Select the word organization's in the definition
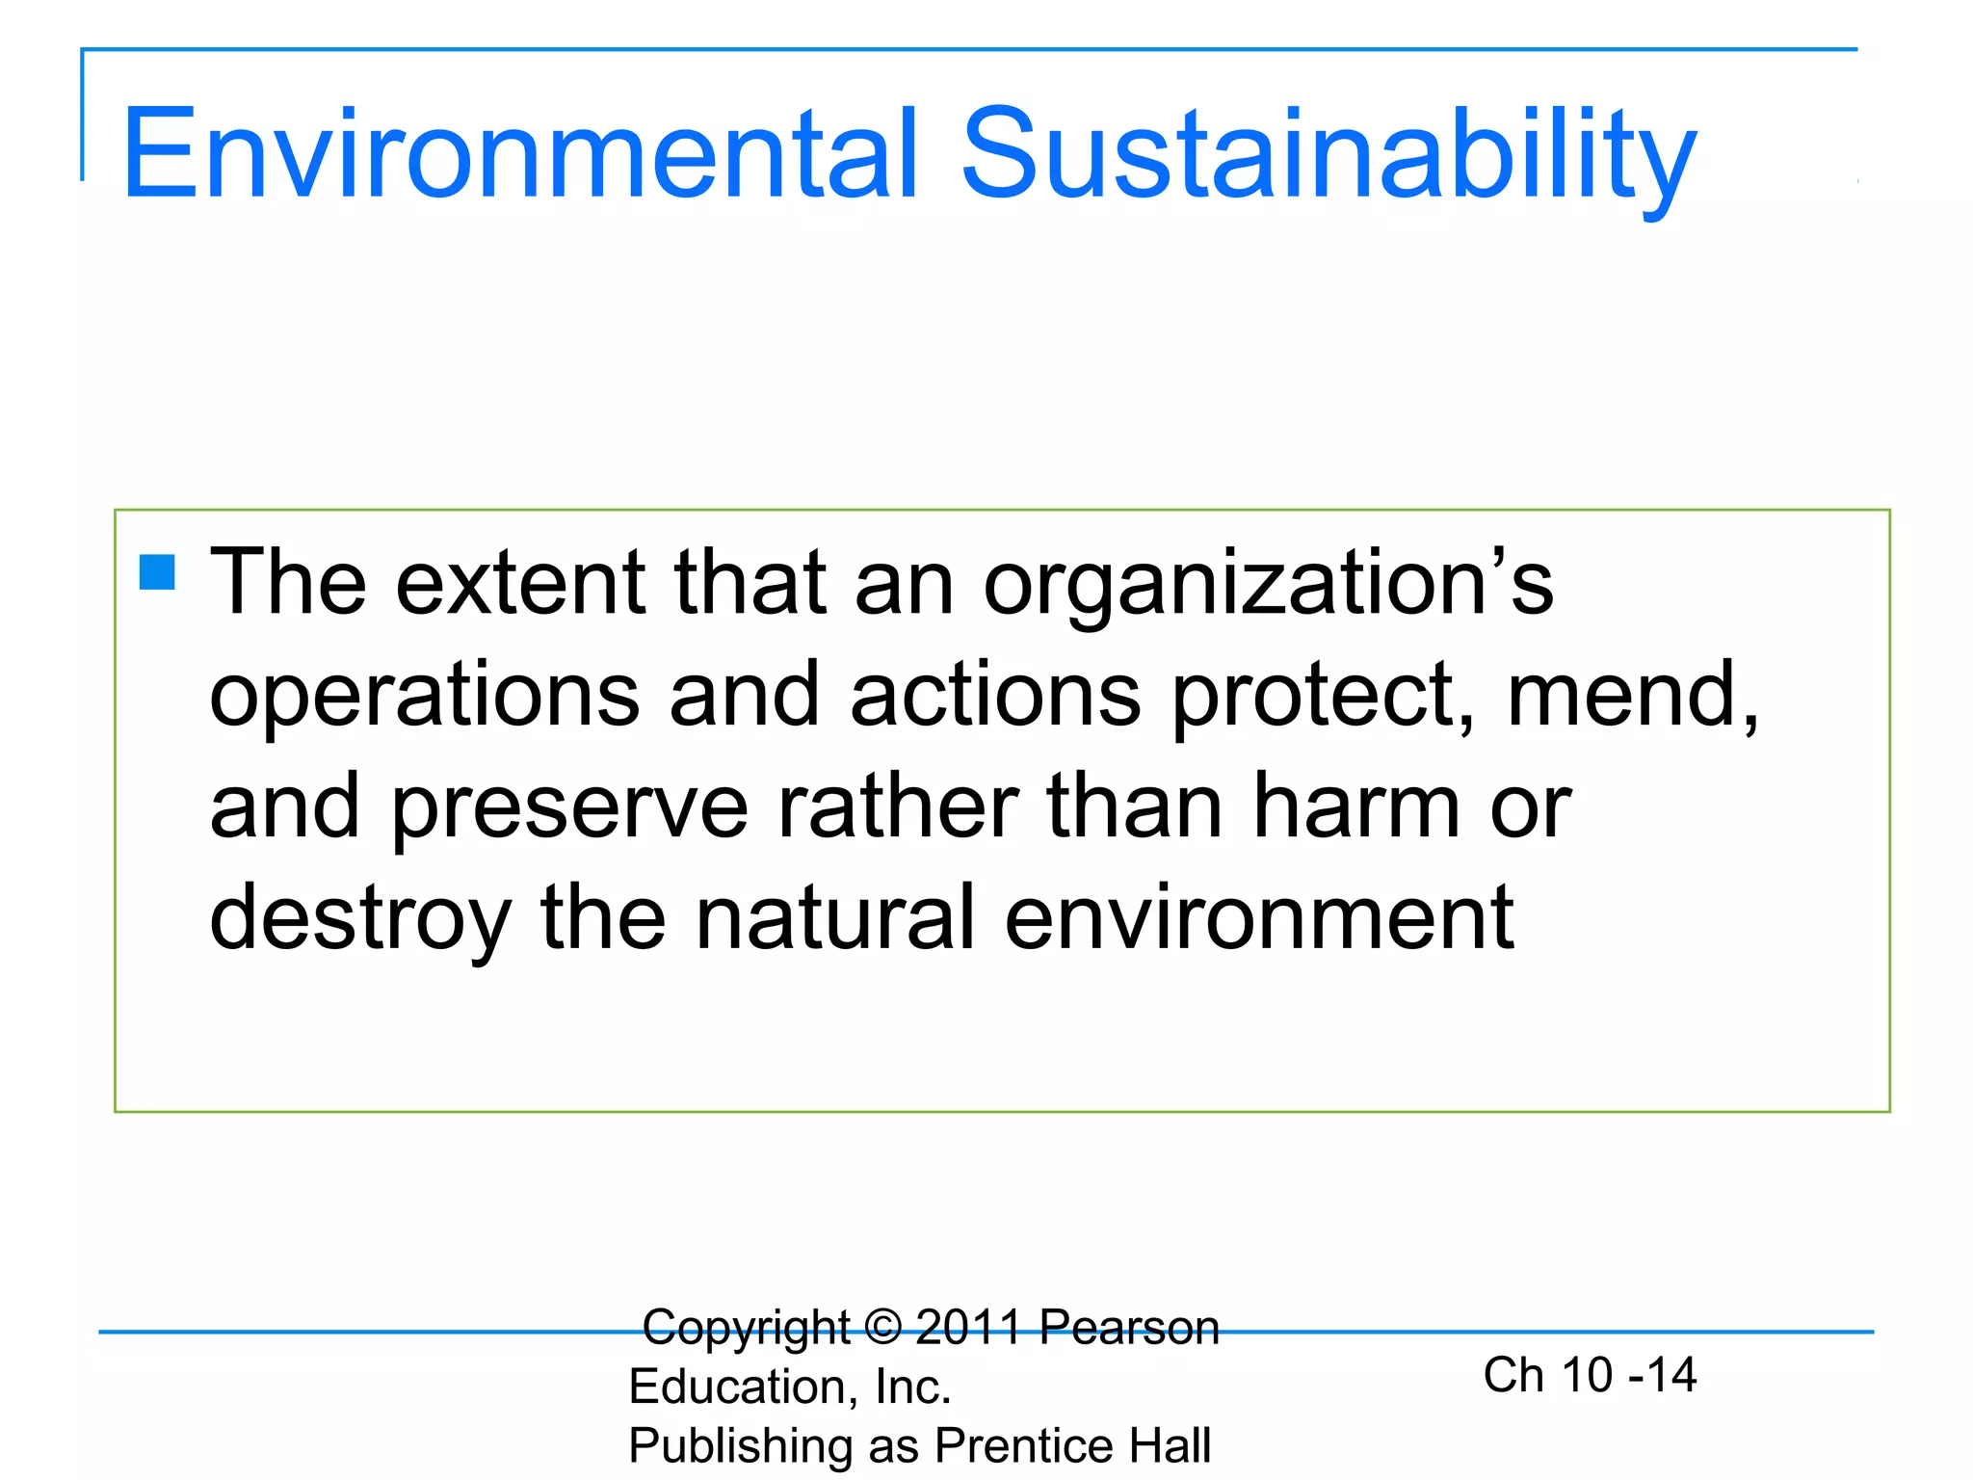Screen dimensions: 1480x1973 click(1268, 584)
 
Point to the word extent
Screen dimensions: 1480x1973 click(520, 584)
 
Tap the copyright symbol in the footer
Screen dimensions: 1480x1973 click(882, 1328)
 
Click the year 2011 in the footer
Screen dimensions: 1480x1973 click(968, 1328)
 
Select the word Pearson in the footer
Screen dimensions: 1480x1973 click(1129, 1328)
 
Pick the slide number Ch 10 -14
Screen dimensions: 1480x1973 click(1590, 1375)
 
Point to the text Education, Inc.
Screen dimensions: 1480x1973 click(790, 1387)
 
